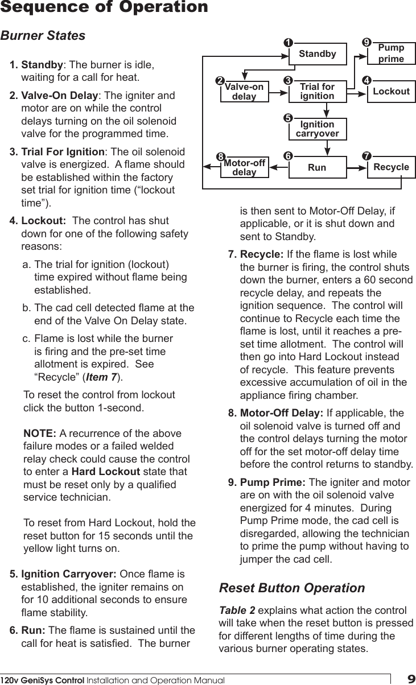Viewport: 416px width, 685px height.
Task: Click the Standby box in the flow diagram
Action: coord(317,54)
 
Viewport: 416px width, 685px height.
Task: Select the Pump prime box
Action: coord(391,54)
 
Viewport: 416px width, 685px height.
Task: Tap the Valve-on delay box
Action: coord(244,92)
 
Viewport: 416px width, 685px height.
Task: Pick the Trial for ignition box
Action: coord(317,91)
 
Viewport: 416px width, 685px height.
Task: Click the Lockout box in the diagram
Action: coord(391,91)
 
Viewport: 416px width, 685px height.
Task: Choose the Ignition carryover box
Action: coord(317,129)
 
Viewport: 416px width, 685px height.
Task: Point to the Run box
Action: coord(317,167)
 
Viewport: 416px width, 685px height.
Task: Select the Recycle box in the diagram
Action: coord(391,167)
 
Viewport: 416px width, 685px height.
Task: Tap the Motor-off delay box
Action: coord(244,167)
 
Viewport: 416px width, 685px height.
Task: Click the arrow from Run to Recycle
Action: coord(356,168)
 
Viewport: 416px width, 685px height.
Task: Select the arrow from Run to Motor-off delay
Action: coord(279,168)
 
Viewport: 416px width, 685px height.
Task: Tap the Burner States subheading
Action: coord(43,36)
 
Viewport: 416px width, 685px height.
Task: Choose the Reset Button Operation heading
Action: coord(292,587)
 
